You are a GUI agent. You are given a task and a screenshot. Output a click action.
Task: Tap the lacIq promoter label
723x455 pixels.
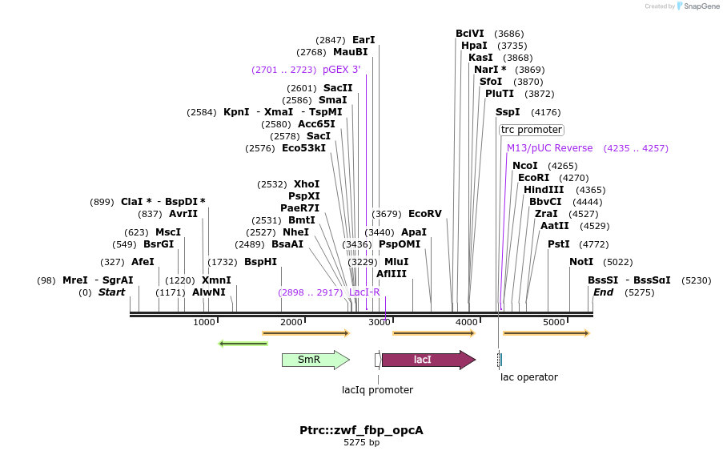(377, 390)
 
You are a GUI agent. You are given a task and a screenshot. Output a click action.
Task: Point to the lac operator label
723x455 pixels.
(528, 376)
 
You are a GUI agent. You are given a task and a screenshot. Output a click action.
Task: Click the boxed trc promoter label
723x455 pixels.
(531, 130)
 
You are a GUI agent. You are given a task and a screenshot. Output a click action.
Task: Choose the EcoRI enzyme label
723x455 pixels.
(533, 178)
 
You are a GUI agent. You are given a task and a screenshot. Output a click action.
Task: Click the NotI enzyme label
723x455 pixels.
(581, 262)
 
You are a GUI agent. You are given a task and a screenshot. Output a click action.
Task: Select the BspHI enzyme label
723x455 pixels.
(260, 262)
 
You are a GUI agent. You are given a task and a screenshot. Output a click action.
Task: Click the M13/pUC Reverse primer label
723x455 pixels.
(549, 148)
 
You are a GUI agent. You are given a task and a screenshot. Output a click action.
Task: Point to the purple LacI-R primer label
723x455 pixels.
(364, 292)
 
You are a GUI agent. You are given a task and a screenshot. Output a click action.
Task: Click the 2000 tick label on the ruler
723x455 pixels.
(291, 322)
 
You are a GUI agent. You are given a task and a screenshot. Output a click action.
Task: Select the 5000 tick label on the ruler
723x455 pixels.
(554, 322)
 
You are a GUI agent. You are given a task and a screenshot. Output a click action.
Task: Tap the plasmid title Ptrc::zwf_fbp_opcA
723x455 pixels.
(361, 430)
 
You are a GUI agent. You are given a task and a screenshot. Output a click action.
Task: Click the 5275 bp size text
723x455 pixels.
(361, 442)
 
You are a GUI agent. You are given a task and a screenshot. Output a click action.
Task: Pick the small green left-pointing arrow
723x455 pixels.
(243, 344)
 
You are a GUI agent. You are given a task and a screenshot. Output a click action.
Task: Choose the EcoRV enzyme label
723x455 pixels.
(424, 214)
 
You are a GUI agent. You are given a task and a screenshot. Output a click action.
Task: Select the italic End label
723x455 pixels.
(602, 292)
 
